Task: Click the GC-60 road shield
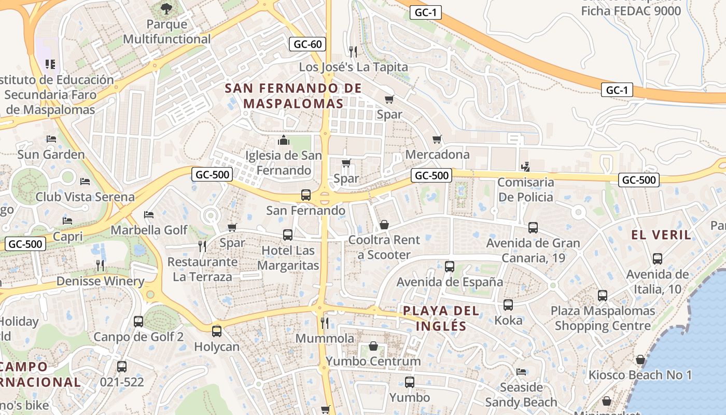(308, 44)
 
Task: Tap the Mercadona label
(437, 155)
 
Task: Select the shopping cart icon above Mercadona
(437, 139)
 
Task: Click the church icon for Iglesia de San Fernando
(284, 140)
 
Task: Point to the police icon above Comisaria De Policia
(526, 167)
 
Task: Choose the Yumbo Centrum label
(373, 362)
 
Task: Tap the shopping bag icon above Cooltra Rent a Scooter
(384, 225)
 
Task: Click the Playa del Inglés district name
(441, 319)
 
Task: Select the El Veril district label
(661, 235)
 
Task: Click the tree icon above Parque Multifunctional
(166, 8)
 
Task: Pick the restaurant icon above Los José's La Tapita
(353, 51)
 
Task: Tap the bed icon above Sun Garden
(51, 139)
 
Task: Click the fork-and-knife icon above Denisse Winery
(100, 266)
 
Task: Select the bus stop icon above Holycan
(217, 331)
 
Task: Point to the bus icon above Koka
(508, 305)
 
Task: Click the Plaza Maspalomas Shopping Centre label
(603, 319)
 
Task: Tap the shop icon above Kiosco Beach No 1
(640, 359)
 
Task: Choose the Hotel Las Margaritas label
(288, 258)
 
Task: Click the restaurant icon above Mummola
(325, 323)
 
